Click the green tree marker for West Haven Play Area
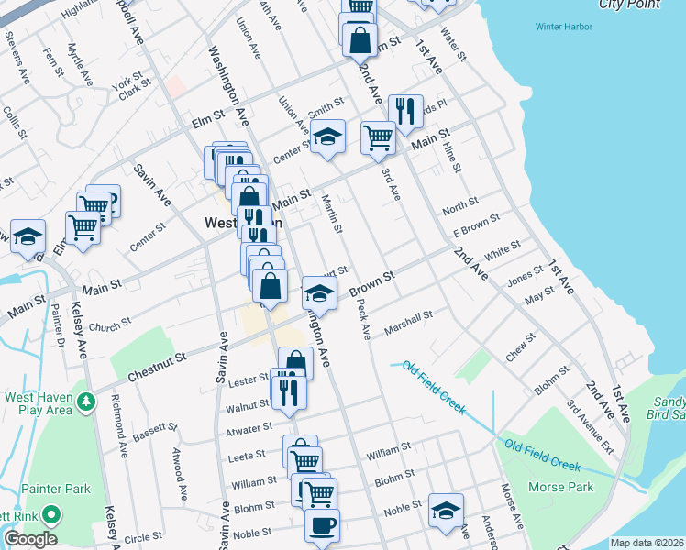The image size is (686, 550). pos(86,401)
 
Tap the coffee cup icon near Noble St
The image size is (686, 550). pos(322,526)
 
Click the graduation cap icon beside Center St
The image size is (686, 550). pos(327,137)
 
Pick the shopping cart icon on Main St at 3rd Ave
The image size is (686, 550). pos(378,138)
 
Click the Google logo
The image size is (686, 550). pos(31,539)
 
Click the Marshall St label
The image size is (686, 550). pos(408,322)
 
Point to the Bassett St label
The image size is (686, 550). pos(151,429)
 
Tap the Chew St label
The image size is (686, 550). pos(520,348)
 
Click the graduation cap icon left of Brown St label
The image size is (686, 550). pos(319,293)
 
